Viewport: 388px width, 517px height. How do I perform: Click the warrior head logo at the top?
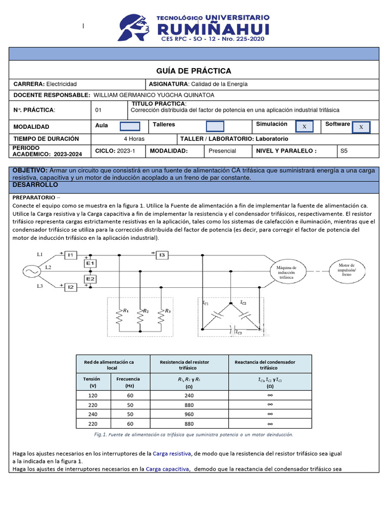(x=135, y=27)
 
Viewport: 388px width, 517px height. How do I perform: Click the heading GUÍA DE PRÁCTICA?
(x=193, y=71)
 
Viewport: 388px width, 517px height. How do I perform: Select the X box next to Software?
(x=361, y=127)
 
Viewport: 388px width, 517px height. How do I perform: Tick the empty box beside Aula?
(x=130, y=126)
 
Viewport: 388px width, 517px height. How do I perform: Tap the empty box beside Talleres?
(x=215, y=126)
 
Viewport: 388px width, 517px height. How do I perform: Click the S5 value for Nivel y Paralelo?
(x=344, y=150)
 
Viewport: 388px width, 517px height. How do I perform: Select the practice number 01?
(x=99, y=110)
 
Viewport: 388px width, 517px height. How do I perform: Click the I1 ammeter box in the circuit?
(x=71, y=255)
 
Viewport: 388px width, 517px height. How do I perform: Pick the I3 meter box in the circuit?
(x=162, y=255)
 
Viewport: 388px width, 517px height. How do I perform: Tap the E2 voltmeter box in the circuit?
(x=91, y=279)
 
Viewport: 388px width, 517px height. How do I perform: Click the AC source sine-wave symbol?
(x=28, y=272)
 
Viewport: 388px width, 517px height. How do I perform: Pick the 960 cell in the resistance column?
(x=189, y=415)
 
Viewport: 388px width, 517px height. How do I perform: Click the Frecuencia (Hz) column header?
(x=128, y=382)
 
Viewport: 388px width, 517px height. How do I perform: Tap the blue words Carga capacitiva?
(x=168, y=469)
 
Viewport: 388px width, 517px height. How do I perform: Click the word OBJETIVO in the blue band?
(x=30, y=171)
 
